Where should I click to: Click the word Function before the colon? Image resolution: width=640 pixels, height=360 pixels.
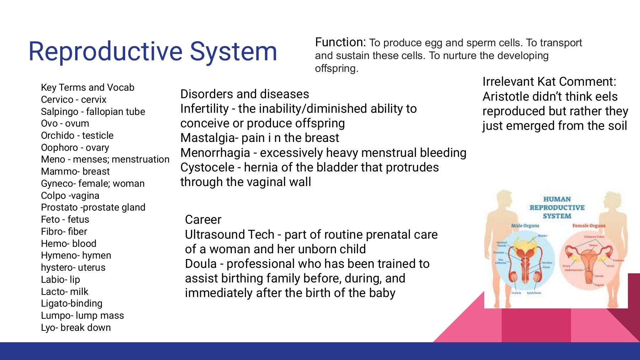coord(339,42)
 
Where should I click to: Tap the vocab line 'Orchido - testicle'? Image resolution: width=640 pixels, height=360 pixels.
coord(77,136)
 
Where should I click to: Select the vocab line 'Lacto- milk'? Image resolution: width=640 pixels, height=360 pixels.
coord(65,292)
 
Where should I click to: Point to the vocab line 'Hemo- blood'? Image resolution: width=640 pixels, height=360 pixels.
coord(69,244)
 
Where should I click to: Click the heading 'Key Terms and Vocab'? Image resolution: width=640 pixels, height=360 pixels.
coord(87,88)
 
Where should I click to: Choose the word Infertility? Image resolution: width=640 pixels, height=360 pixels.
coord(204,108)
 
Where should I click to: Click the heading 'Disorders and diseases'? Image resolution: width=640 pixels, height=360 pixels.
coord(245,94)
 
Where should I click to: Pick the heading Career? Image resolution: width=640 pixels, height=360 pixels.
coord(203,219)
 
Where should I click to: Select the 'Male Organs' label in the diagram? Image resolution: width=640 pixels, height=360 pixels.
coord(525,226)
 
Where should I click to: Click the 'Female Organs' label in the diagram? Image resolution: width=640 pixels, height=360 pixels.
coord(588,226)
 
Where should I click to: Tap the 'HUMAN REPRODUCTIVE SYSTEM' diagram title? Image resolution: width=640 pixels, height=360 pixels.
coord(557,207)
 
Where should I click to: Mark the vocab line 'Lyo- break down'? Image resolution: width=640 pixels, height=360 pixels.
coord(76,328)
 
